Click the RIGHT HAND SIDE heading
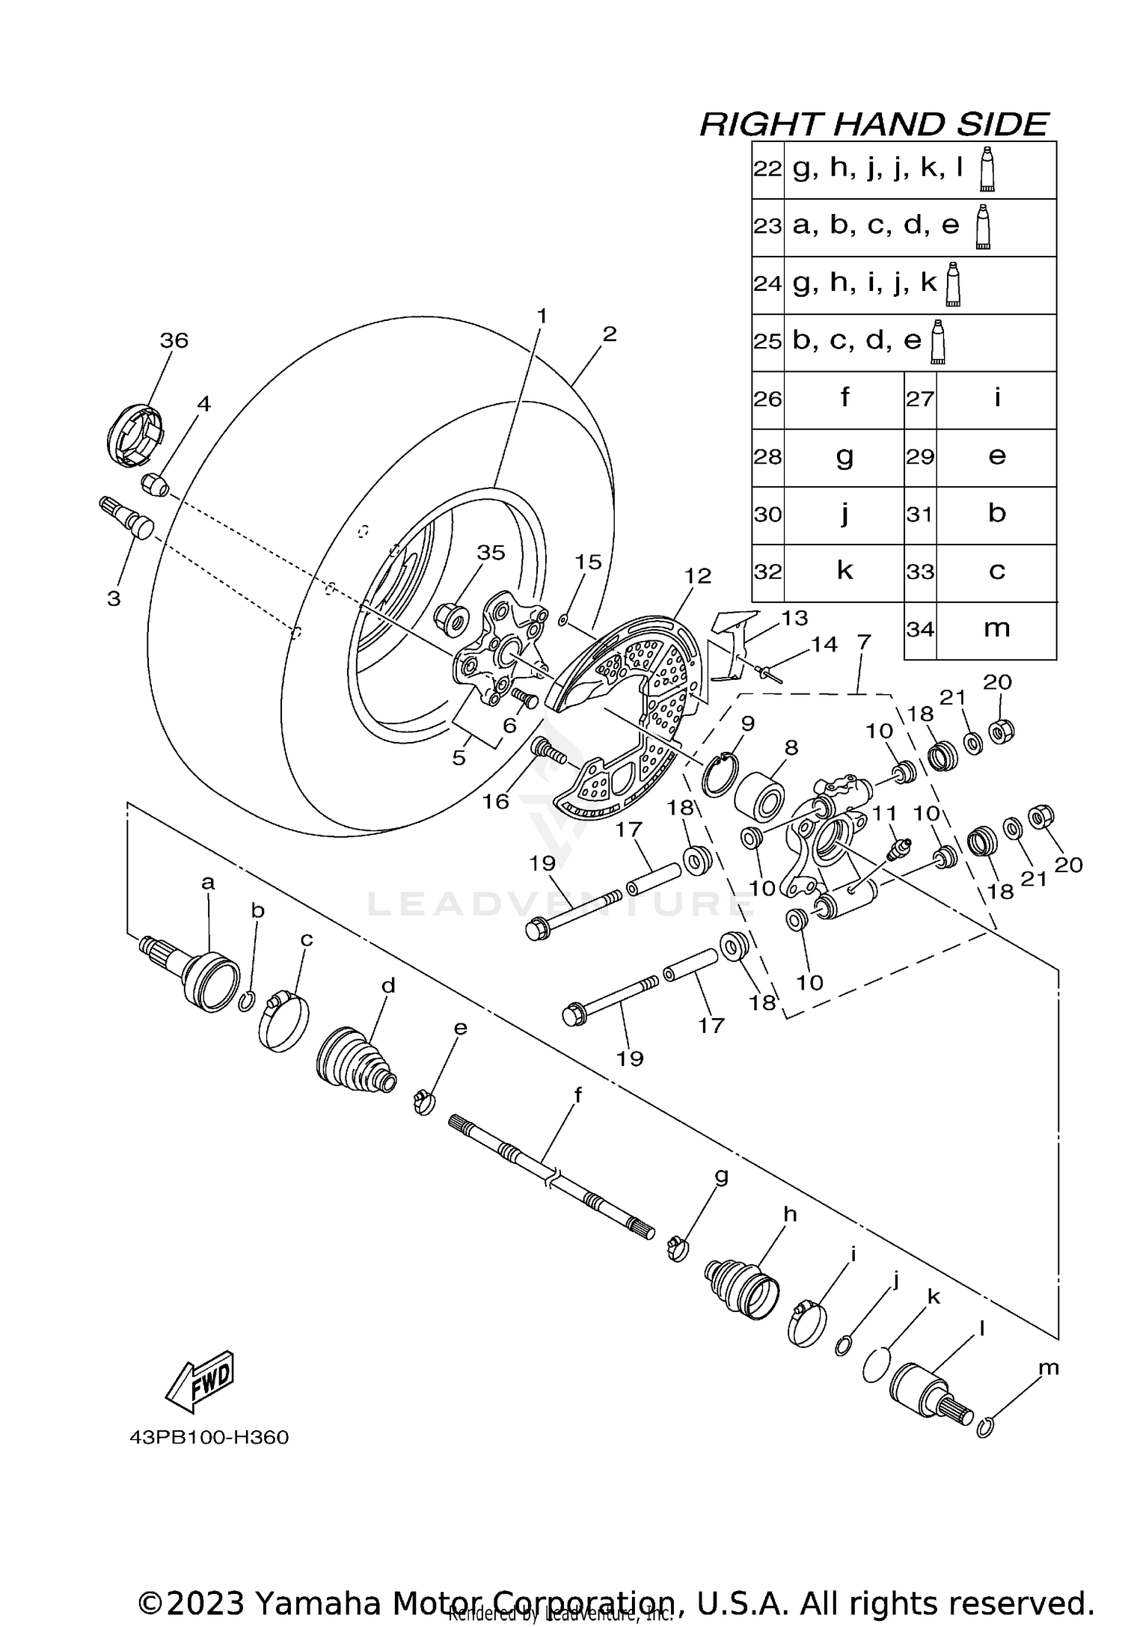(873, 124)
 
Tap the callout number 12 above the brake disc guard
(697, 576)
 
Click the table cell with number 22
(767, 170)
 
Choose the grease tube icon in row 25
(936, 342)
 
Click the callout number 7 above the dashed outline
(864, 642)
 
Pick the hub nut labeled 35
(451, 616)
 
